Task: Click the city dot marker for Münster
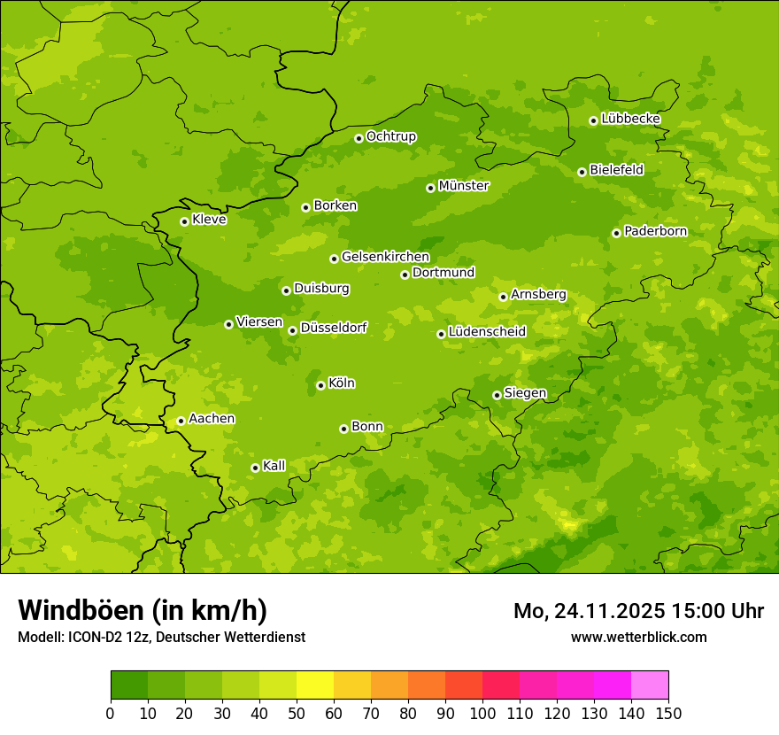click(430, 188)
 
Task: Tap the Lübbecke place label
click(630, 119)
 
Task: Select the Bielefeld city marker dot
click(582, 172)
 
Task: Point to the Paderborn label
click(655, 231)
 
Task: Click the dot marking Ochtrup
click(359, 138)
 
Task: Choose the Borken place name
click(335, 205)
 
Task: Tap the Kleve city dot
click(184, 221)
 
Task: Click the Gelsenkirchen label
click(385, 257)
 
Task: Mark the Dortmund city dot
click(405, 275)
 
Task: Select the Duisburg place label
click(321, 289)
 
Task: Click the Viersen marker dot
click(228, 324)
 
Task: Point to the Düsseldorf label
click(333, 328)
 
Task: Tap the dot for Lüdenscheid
click(441, 334)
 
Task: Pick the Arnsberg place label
click(538, 294)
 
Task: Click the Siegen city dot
click(497, 395)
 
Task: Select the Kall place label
click(274, 466)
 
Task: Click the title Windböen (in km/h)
click(143, 610)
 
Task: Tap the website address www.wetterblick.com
click(638, 637)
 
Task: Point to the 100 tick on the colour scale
click(482, 713)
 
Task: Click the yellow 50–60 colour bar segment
click(315, 685)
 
